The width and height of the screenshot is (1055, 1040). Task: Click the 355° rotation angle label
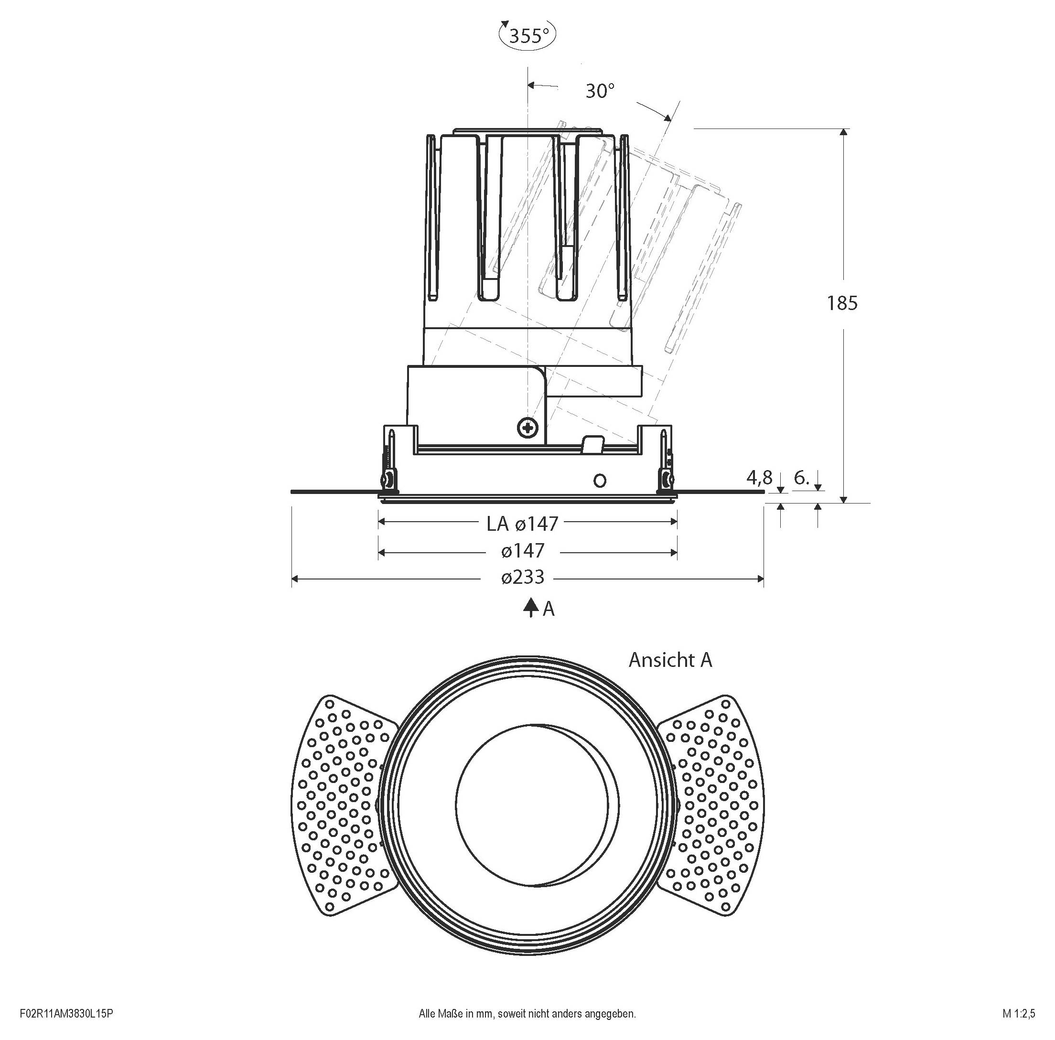pyautogui.click(x=528, y=36)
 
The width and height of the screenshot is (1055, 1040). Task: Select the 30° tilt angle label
pyautogui.click(x=600, y=91)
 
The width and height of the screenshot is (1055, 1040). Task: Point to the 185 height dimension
pyautogui.click(x=842, y=303)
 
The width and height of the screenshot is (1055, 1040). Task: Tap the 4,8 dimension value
pyautogui.click(x=759, y=478)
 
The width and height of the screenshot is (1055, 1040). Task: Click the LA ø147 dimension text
pyautogui.click(x=523, y=524)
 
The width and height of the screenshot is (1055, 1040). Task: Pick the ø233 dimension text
pyautogui.click(x=523, y=577)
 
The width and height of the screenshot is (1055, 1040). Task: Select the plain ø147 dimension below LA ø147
pyautogui.click(x=523, y=551)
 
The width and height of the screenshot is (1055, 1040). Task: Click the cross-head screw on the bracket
pyautogui.click(x=528, y=427)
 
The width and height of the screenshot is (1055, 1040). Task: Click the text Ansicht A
pyautogui.click(x=670, y=660)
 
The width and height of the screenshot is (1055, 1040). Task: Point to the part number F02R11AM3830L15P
pyautogui.click(x=66, y=1014)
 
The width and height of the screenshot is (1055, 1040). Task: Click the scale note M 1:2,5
pyautogui.click(x=1018, y=1014)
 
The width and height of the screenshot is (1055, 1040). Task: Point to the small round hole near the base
pyautogui.click(x=600, y=481)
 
